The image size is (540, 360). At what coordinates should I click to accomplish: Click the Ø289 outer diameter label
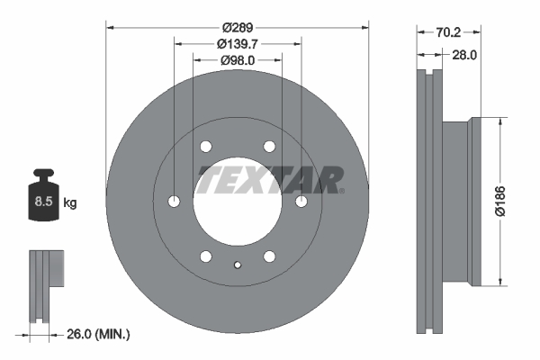tap(238, 26)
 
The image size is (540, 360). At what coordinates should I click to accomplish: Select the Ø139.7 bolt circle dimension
tap(238, 43)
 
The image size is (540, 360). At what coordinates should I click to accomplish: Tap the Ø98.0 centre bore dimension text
tap(238, 60)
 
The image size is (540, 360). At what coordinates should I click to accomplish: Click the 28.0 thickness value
tap(463, 55)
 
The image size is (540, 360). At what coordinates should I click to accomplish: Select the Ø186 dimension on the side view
tap(509, 203)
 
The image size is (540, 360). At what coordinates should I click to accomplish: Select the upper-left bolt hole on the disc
tap(207, 147)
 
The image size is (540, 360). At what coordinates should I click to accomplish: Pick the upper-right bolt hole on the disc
tap(269, 147)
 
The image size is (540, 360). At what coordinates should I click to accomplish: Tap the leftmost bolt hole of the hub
tap(175, 201)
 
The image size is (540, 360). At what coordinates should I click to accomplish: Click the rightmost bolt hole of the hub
tap(301, 201)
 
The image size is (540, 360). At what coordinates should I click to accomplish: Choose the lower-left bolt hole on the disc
tap(207, 255)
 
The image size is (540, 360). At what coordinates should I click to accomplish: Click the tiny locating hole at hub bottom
tap(238, 265)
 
